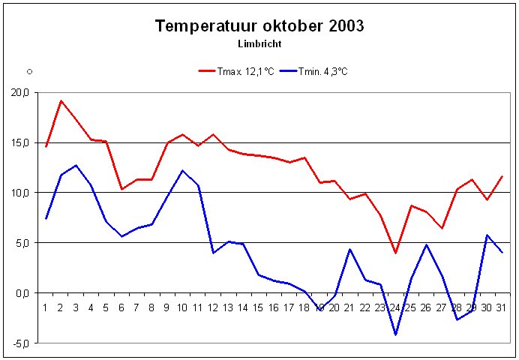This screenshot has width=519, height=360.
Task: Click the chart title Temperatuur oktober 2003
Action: point(259,26)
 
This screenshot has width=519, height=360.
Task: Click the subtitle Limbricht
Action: point(259,44)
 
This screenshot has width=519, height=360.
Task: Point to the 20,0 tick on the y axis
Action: point(19,92)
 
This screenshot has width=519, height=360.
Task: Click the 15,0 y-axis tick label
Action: point(19,142)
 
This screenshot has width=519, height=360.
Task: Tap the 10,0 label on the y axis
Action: point(19,193)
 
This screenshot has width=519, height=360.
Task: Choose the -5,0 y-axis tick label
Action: point(19,343)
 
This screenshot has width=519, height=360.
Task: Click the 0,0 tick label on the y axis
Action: point(21,293)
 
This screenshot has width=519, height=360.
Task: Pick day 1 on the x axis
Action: point(46,307)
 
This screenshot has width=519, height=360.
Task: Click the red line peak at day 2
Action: point(61,100)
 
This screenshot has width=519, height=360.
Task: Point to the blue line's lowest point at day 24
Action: point(395,334)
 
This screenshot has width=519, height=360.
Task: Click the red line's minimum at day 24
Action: point(395,253)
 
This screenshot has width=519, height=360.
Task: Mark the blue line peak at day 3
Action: point(76,165)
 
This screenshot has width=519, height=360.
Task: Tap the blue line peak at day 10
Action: point(183,170)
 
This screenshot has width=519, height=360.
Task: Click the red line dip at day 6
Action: point(122,189)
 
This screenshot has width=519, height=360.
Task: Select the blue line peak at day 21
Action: point(350,249)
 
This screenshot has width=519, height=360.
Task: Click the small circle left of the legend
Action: point(29,71)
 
